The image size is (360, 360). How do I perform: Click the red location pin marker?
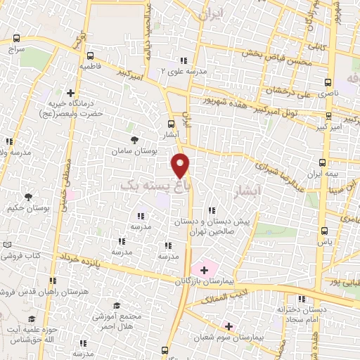pos(181,165)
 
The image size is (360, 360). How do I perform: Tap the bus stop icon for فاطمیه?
pos(91,56)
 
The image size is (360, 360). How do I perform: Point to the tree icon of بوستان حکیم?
pos(28,198)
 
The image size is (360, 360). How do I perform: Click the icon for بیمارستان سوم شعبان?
pos(228,326)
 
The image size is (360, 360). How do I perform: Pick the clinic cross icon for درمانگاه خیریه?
pos(70,92)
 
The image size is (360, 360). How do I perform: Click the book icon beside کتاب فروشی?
pos(7,243)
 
